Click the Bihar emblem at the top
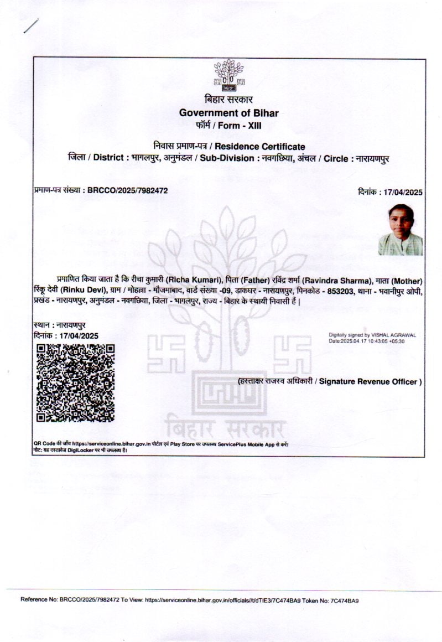(x=228, y=76)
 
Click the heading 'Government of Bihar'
(x=228, y=113)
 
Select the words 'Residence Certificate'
(x=259, y=147)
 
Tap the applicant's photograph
(x=401, y=230)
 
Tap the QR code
(x=75, y=382)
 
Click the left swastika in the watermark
(x=165, y=354)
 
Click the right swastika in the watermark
(x=293, y=354)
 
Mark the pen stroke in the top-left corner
(x=31, y=26)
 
